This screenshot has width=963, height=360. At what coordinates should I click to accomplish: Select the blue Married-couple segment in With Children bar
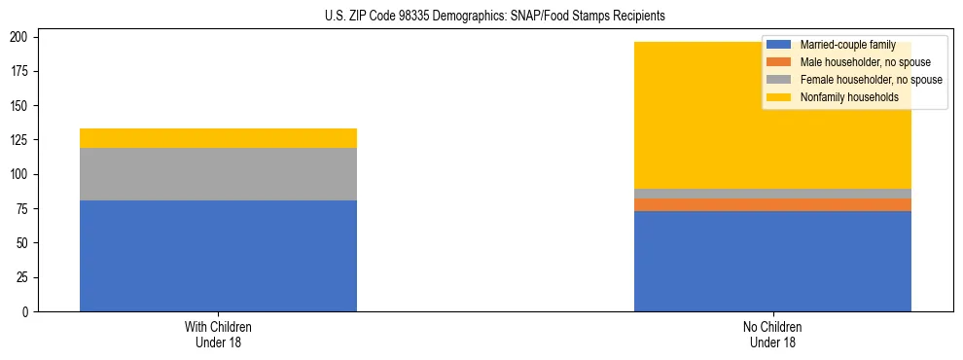pos(218,256)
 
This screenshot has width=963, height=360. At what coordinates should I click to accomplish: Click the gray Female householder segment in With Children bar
pos(218,174)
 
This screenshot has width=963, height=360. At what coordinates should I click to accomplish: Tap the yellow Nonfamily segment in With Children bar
pos(218,138)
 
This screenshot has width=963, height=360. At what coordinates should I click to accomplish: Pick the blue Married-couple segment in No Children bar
pos(772,261)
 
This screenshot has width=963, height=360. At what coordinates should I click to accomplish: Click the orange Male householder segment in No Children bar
pos(772,204)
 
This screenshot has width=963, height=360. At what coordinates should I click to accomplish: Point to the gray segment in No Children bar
pos(772,194)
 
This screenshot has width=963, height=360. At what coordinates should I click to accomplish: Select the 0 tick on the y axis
pos(28,311)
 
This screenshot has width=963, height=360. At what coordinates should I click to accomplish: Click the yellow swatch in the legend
pos(779,97)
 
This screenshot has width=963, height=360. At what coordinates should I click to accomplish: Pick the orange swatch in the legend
pos(779,62)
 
